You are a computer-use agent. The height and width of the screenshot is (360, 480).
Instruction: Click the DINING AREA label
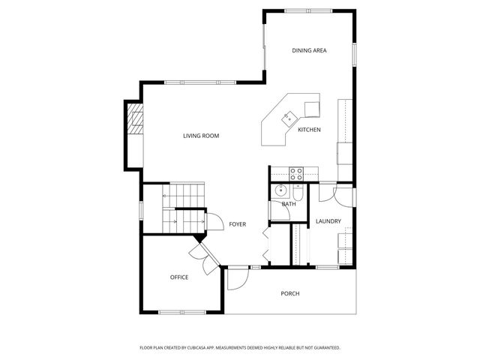click(x=309, y=50)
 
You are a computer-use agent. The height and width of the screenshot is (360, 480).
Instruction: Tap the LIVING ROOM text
click(x=201, y=136)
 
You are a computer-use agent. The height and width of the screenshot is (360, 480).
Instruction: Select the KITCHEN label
click(x=310, y=130)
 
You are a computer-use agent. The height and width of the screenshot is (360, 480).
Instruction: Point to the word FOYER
click(x=238, y=224)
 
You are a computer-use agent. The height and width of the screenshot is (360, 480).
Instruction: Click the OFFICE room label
click(x=179, y=277)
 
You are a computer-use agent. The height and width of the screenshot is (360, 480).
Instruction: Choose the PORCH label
click(x=290, y=293)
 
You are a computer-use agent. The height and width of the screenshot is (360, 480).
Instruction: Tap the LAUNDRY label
click(x=328, y=221)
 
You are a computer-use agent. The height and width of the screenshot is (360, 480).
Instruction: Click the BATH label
click(x=289, y=204)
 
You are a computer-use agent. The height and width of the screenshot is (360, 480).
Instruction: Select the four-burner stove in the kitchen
click(x=296, y=174)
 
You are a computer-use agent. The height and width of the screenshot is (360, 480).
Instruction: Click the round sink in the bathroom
click(x=280, y=191)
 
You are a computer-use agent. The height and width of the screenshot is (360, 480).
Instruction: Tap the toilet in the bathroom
click(x=298, y=192)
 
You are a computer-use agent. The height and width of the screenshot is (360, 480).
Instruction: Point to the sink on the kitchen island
click(x=289, y=118)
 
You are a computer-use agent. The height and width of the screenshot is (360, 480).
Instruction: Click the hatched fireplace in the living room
click(x=135, y=118)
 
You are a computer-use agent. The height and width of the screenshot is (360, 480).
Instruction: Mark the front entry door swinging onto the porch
click(x=238, y=279)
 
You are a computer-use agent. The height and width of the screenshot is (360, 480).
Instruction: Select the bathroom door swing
click(x=280, y=210)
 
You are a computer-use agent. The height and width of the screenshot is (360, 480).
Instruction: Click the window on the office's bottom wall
click(x=182, y=312)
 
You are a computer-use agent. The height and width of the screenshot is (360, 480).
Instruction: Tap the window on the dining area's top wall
click(x=308, y=11)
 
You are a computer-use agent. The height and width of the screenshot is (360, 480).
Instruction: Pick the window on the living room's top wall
click(x=200, y=82)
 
